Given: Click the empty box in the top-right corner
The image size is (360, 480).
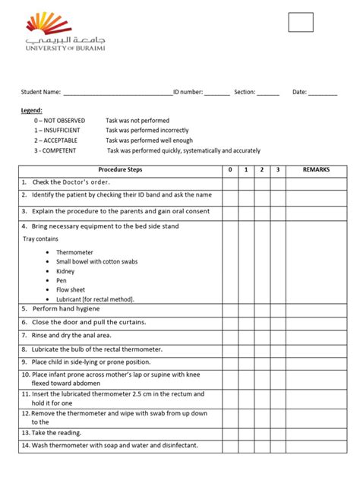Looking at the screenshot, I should pos(301,23).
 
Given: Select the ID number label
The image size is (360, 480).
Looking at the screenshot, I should pos(188,92).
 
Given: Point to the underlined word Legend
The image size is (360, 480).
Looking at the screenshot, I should pos(32,111).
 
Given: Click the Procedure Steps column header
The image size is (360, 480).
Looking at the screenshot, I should pos(120,170).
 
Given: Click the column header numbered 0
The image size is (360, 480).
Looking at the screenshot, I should pos(229,170).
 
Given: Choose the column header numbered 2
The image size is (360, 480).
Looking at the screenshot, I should pos(261,170).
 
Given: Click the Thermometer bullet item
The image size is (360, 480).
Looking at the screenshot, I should pos(74,251).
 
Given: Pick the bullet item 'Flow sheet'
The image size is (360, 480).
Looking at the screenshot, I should pos(70,289).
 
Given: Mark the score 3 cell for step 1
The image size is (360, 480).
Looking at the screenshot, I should pos(278,182).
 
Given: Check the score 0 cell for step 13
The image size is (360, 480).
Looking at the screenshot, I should pos(229,432).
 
